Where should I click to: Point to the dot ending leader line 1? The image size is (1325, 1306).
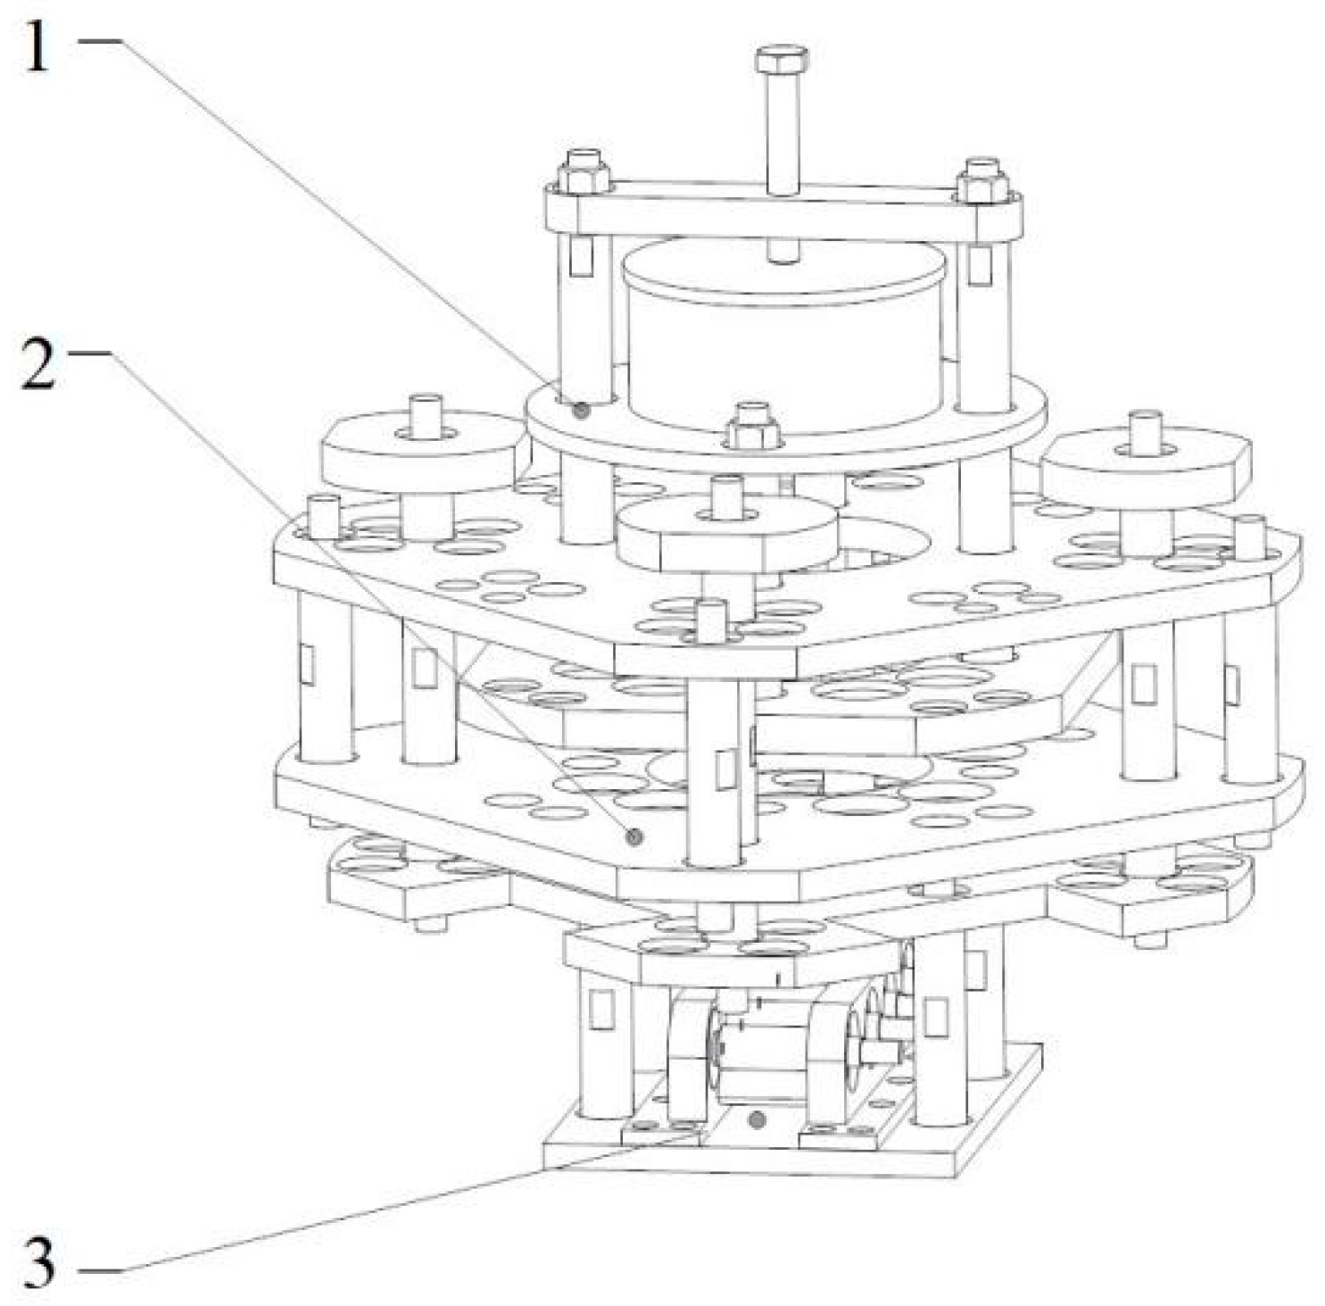(582, 411)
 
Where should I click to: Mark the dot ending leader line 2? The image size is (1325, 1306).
(634, 836)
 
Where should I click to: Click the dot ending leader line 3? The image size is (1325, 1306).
(758, 1118)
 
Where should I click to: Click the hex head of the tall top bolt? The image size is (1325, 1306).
(782, 61)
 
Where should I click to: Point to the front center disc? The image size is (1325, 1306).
(727, 532)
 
